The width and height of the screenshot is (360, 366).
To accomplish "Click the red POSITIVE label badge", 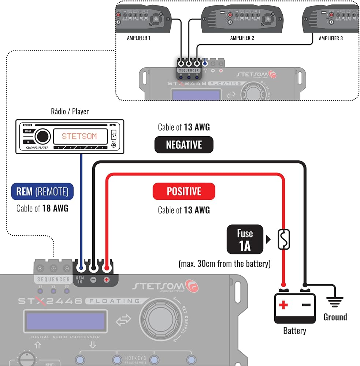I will point(184,191).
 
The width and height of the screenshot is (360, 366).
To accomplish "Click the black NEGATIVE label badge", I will point(184,145).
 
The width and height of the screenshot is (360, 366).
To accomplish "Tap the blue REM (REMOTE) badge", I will point(42,191).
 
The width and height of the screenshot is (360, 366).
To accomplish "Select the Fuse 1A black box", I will point(245,239).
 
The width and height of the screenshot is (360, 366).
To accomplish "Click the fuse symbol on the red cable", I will point(284,239).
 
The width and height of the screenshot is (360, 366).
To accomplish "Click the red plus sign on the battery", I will point(283,305).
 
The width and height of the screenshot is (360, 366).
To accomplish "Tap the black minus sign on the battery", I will point(306,305).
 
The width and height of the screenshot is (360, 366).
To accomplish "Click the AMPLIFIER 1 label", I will point(138,38).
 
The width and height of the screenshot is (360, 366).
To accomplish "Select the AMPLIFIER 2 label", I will point(242,38).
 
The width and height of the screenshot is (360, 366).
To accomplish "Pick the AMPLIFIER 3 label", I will point(331,38).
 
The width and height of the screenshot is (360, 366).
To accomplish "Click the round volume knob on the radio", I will point(43,136).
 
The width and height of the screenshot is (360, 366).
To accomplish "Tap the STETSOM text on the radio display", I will point(79,136).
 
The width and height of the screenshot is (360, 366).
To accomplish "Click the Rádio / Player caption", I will point(70,111).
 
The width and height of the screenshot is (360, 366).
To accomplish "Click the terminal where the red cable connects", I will point(107,268).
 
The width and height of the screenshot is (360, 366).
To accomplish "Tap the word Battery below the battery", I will point(294,331).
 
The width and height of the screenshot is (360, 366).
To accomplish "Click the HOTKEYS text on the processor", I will point(135,358).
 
